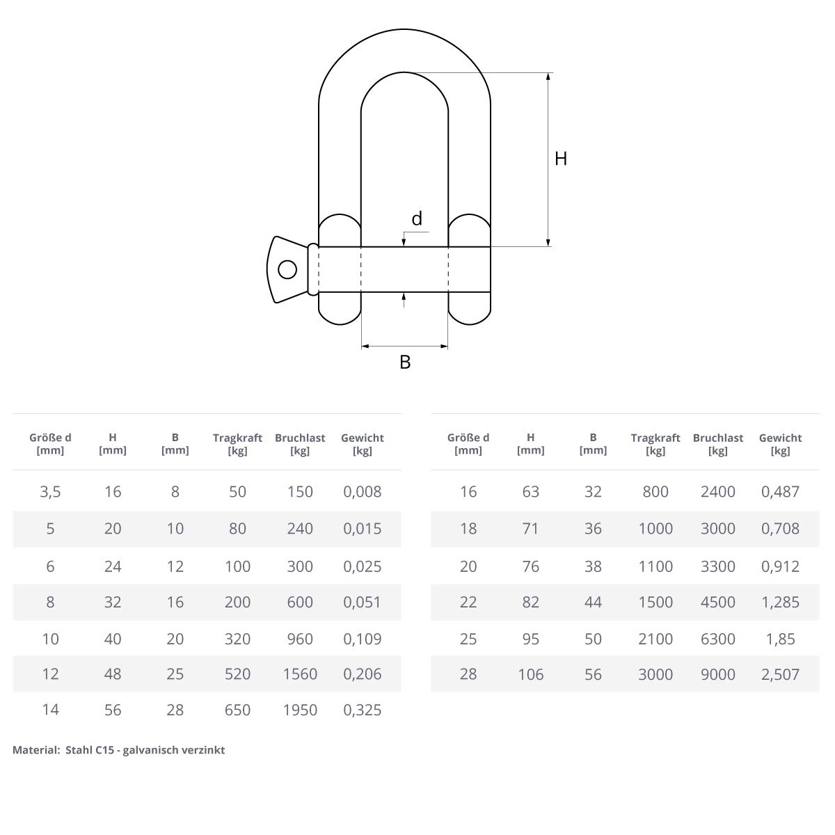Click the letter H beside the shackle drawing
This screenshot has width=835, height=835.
pyautogui.click(x=561, y=159)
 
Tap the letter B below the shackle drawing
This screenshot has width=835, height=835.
pyautogui.click(x=405, y=362)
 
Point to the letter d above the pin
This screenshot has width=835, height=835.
pyautogui.click(x=416, y=218)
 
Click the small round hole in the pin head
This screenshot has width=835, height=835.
pyautogui.click(x=287, y=269)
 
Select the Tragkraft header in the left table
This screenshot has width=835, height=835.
pyautogui.click(x=237, y=438)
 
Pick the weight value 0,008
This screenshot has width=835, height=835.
pyautogui.click(x=363, y=492)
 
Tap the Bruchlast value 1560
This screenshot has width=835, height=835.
pyautogui.click(x=300, y=674)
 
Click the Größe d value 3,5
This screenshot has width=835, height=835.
pyautogui.click(x=50, y=492)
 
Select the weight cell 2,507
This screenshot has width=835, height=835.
pyautogui.click(x=781, y=674)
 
